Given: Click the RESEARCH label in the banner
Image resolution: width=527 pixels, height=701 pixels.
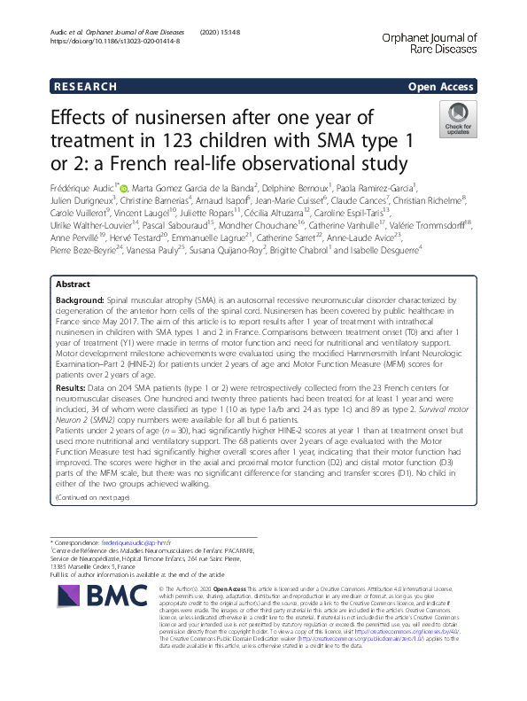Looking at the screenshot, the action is (x=86, y=86).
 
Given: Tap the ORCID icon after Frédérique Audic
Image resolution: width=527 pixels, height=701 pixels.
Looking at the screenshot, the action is (x=123, y=188).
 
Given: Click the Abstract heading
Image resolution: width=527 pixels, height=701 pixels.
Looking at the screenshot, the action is (x=73, y=284).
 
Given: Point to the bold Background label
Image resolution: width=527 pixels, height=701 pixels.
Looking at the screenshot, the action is (x=81, y=301).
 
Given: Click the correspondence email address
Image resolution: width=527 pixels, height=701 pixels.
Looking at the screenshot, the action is (x=128, y=541).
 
